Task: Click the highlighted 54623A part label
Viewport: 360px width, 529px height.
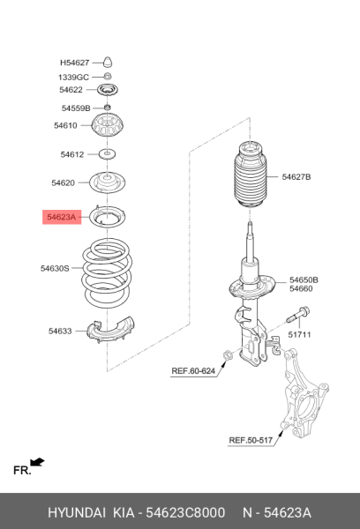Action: point(62,217)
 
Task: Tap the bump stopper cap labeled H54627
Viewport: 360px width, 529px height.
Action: point(108,62)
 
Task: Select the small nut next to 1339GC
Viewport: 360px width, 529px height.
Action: point(108,77)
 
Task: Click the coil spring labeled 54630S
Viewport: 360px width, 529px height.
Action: point(107,273)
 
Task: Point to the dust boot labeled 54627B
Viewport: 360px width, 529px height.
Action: point(250,175)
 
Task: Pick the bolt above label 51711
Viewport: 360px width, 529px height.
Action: point(298,315)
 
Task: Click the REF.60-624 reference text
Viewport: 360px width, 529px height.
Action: point(193,371)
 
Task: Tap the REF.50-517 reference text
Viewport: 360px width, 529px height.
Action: point(251,440)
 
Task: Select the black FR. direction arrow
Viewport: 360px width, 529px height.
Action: point(37,462)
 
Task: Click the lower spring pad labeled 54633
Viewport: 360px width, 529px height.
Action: point(110,330)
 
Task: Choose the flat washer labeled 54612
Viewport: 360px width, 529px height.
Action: point(107,154)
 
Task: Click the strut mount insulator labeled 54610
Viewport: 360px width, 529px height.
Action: point(108,125)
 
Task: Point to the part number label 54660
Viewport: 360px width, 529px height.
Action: point(301,288)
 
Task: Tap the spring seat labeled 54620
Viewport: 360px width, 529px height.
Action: point(107,183)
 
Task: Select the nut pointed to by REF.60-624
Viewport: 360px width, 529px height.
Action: point(227,355)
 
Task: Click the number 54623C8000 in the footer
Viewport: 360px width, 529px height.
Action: point(185,512)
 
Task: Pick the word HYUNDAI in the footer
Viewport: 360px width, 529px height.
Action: point(77,512)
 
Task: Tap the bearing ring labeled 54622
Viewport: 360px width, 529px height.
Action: point(108,90)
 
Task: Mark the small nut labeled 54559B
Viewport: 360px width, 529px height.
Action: point(108,108)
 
